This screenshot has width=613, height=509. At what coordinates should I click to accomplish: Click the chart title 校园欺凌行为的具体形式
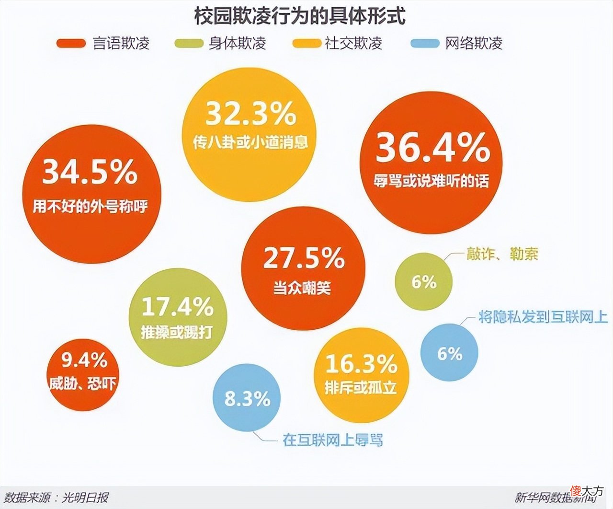pos(300,16)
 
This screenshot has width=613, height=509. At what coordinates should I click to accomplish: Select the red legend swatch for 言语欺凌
pos(71,43)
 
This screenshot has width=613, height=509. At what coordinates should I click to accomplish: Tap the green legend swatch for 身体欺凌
pos(188,43)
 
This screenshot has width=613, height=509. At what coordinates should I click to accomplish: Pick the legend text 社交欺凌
pos(353,43)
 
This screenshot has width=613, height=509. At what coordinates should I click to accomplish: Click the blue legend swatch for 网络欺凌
pos(425,43)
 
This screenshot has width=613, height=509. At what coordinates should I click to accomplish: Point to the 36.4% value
pos(432,148)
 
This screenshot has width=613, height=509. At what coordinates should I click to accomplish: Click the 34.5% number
pos(90,172)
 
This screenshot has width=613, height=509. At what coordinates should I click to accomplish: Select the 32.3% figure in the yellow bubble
pos(251,114)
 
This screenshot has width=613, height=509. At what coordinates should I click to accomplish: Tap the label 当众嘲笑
pos(302,288)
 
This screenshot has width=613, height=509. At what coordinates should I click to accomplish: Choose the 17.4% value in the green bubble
pos(177,307)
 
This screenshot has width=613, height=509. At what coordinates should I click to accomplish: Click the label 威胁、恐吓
pos(82,383)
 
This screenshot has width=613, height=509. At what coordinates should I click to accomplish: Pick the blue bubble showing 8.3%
pos(247,398)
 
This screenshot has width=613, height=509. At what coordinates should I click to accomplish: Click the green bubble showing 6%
pos(424,282)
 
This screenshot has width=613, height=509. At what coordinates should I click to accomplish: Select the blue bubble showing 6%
pos(449,353)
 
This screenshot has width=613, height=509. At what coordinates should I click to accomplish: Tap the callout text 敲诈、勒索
pos(502,254)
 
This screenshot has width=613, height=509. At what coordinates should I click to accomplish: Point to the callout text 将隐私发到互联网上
pos(543,317)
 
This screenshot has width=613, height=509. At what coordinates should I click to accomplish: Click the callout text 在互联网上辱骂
pos(333,440)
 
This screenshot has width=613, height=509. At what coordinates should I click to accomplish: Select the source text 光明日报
pos(85,497)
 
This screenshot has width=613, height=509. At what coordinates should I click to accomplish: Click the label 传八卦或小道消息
pos(250,142)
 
